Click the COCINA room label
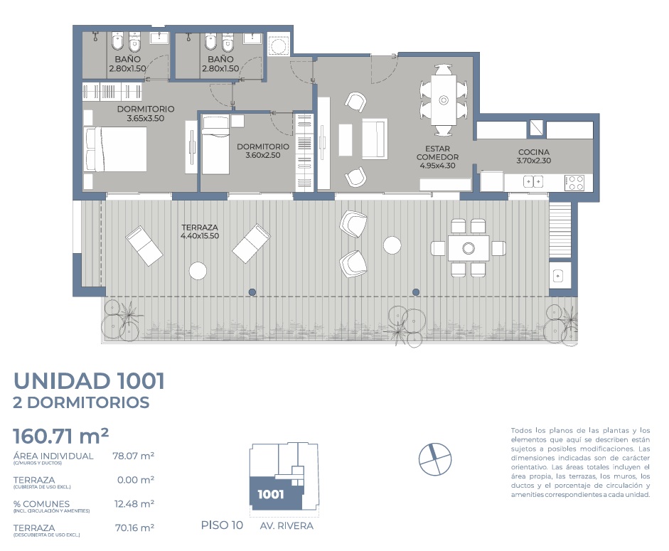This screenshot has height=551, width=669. (x=534, y=156)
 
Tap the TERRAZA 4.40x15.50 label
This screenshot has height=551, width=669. (x=200, y=231)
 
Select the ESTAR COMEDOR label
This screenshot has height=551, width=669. (x=437, y=157)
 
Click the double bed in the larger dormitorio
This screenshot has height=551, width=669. (x=116, y=149)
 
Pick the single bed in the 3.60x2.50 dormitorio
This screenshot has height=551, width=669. (x=215, y=144)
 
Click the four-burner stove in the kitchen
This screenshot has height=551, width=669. (x=574, y=183)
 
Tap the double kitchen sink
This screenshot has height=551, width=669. (x=533, y=182)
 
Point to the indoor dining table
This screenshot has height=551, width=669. (x=444, y=100)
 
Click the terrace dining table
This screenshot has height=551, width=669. (x=469, y=248)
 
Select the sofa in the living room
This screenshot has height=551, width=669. (x=375, y=139)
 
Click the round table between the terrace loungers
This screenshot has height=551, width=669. (x=198, y=271)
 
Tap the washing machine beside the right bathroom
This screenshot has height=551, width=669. (x=279, y=45)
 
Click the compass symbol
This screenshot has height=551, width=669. (x=435, y=459)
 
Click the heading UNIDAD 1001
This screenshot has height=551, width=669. (x=89, y=381)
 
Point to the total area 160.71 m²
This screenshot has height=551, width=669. (x=61, y=436)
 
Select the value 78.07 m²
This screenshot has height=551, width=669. (x=134, y=456)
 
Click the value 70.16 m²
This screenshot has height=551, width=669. (x=135, y=528)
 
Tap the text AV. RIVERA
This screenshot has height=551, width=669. (x=287, y=526)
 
